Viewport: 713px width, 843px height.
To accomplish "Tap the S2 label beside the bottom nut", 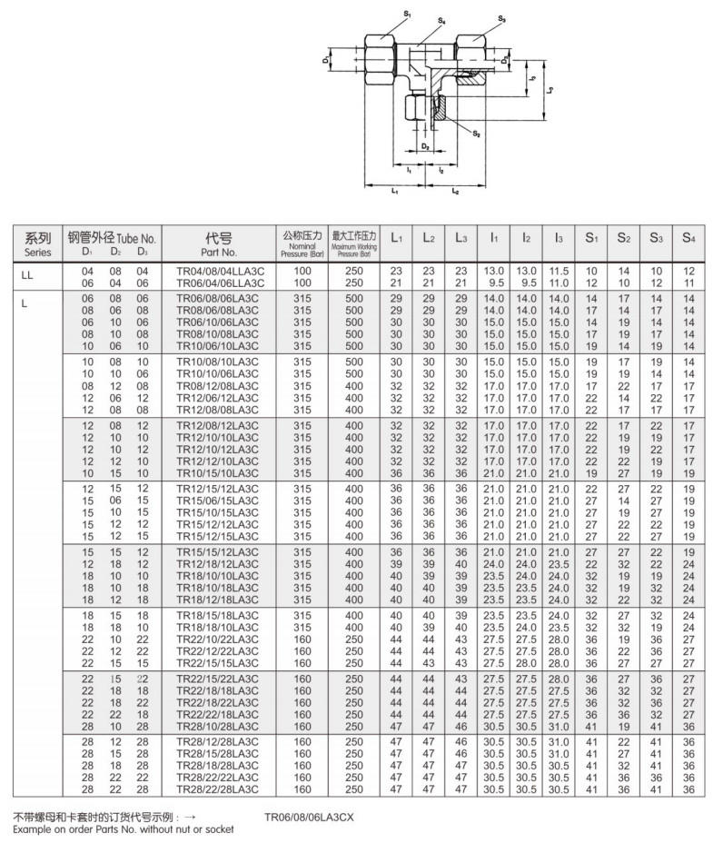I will (x=476, y=134).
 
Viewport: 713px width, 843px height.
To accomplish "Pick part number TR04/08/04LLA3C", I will (x=219, y=272).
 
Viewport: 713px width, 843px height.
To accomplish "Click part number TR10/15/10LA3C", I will (x=219, y=473).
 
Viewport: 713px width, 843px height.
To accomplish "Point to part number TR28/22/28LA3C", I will (x=219, y=788).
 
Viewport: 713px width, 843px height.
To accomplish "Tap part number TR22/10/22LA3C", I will (x=219, y=639).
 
